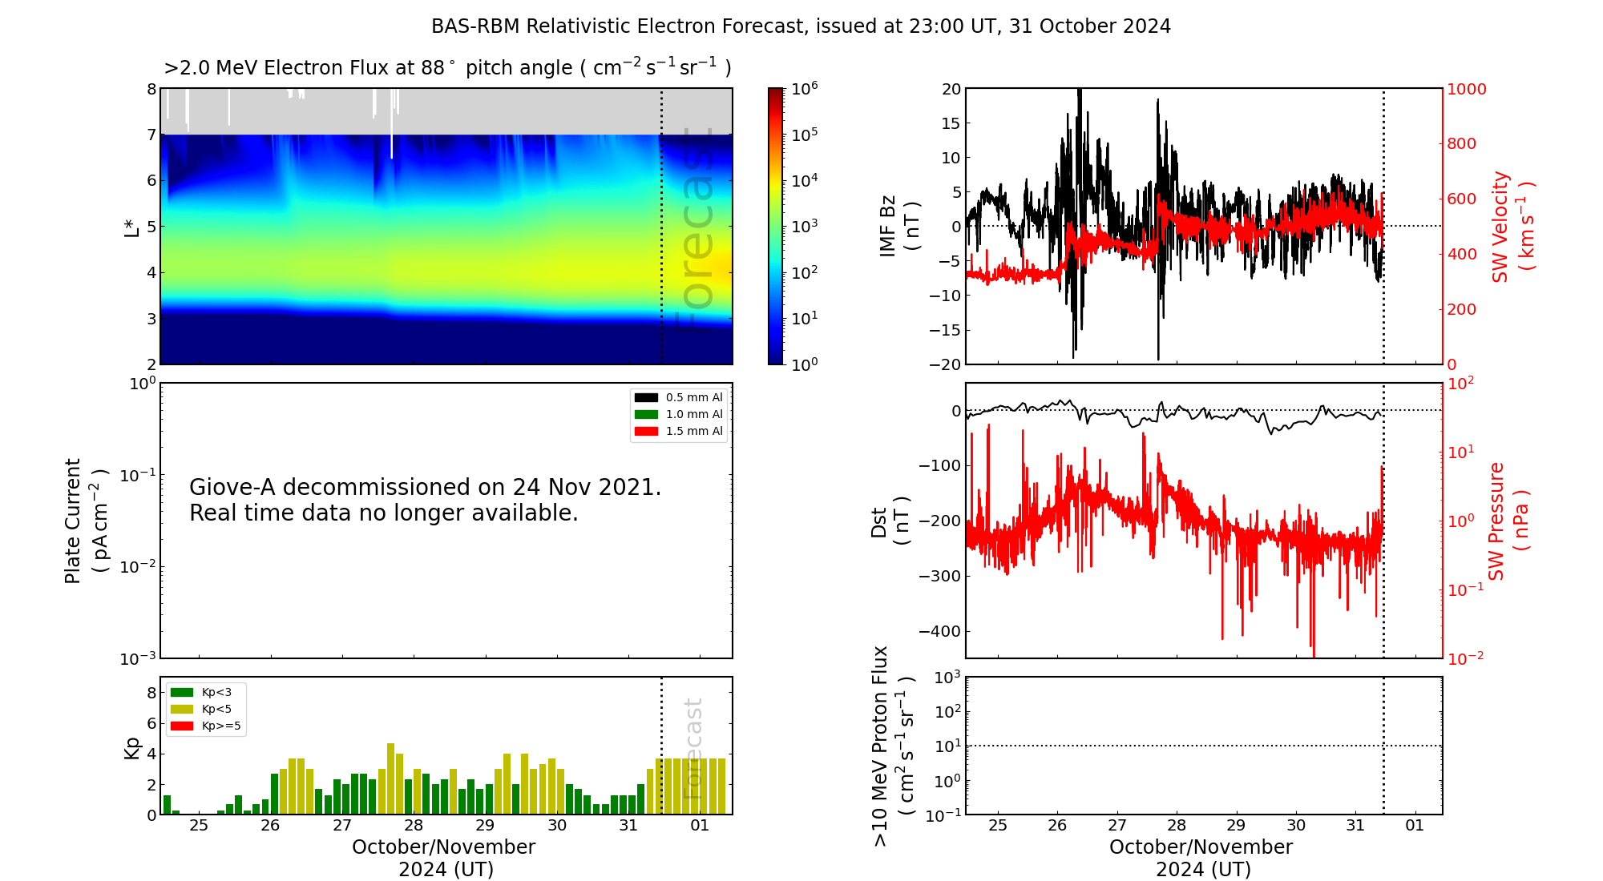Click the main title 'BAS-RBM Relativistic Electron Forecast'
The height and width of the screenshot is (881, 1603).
[x=617, y=26]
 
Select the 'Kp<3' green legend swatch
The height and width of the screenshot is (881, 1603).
[x=182, y=692]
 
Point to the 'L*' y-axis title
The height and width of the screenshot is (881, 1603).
[x=132, y=227]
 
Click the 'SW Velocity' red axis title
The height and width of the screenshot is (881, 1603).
[x=1500, y=227]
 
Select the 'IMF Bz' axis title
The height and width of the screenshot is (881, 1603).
[x=888, y=227]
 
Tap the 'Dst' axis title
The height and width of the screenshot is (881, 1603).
[x=879, y=521]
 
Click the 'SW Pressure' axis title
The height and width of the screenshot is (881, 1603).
[x=1496, y=521]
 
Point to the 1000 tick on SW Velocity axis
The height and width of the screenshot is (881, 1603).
[x=1466, y=89]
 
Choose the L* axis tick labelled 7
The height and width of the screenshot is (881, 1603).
[x=151, y=135]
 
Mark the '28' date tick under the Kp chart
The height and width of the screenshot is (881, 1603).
[x=414, y=826]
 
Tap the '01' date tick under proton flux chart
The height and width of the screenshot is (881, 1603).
[x=1415, y=826]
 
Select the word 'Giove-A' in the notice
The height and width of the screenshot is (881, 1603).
[x=232, y=487]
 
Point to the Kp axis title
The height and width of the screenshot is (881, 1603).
[x=132, y=747]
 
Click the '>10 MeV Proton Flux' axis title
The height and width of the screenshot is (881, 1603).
[x=880, y=746]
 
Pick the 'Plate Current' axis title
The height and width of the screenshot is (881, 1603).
[x=73, y=521]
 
